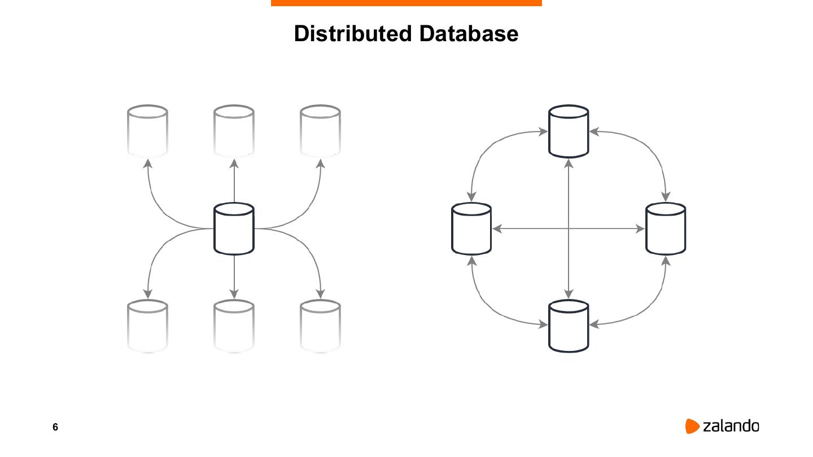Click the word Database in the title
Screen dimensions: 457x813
point(469,34)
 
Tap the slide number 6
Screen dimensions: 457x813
point(55,427)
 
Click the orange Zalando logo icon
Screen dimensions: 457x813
point(692,427)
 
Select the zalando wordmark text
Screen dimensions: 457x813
point(731,426)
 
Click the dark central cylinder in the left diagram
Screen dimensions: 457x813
point(234,229)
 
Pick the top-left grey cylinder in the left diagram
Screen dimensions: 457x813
point(147,130)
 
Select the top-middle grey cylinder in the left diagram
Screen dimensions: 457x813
point(234,130)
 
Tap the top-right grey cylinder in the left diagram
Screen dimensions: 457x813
point(320,130)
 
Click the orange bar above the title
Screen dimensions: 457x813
point(406,3)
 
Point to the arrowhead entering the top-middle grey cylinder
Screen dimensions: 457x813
point(234,164)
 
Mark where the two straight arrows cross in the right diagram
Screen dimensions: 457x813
point(569,228)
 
